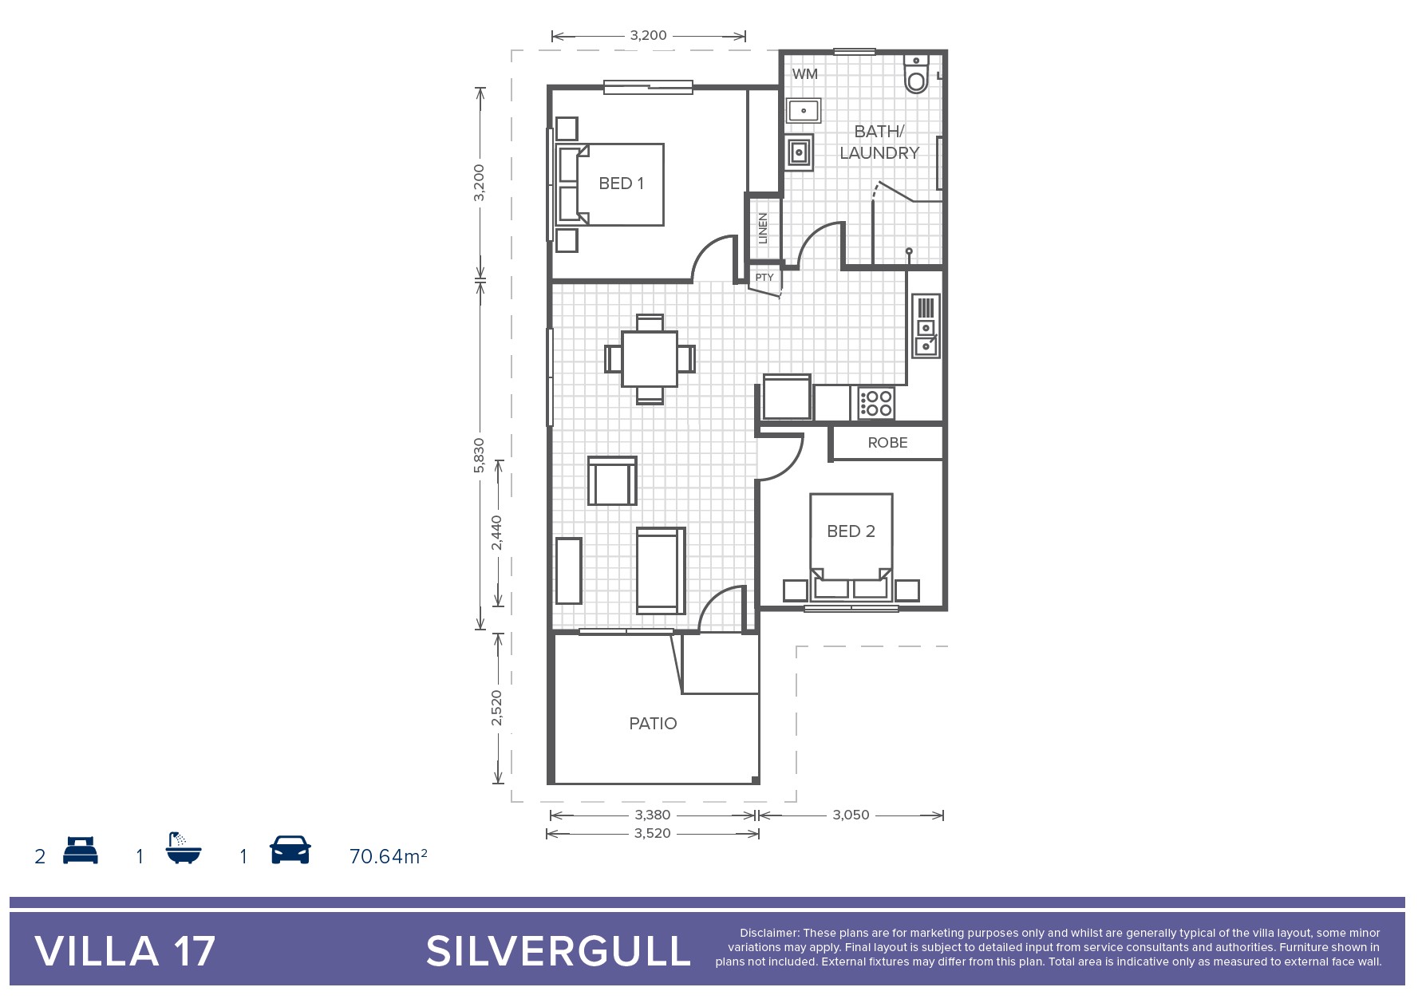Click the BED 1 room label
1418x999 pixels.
pyautogui.click(x=621, y=184)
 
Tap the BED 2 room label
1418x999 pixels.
pyautogui.click(x=851, y=531)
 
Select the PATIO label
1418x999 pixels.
pyautogui.click(x=653, y=724)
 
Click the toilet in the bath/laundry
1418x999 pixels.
pyautogui.click(x=916, y=73)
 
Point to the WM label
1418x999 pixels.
pyautogui.click(x=804, y=74)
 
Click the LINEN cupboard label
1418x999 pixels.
pyautogui.click(x=763, y=228)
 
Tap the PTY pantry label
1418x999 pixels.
pyautogui.click(x=764, y=278)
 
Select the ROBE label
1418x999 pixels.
pyautogui.click(x=887, y=443)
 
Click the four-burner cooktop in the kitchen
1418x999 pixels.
pyautogui.click(x=876, y=403)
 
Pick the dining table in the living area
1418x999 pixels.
pyautogui.click(x=650, y=359)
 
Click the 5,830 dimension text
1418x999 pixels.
pyautogui.click(x=479, y=455)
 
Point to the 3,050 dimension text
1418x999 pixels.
pyautogui.click(x=851, y=815)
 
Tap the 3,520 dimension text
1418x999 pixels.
pyautogui.click(x=652, y=833)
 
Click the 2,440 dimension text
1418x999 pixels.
pyautogui.click(x=496, y=532)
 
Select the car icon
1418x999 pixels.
pyautogui.click(x=290, y=850)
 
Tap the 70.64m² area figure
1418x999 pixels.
pyautogui.click(x=389, y=856)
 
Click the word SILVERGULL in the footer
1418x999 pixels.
pyautogui.click(x=559, y=951)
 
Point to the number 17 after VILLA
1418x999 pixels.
pyautogui.click(x=194, y=951)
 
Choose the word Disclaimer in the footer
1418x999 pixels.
pyautogui.click(x=768, y=933)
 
